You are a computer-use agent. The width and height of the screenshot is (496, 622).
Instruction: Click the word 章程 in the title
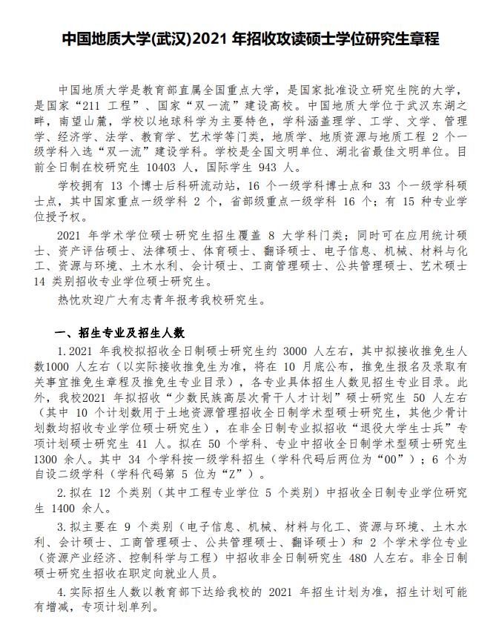coord(422,39)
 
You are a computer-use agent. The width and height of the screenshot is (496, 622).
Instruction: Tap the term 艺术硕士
coord(444,267)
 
